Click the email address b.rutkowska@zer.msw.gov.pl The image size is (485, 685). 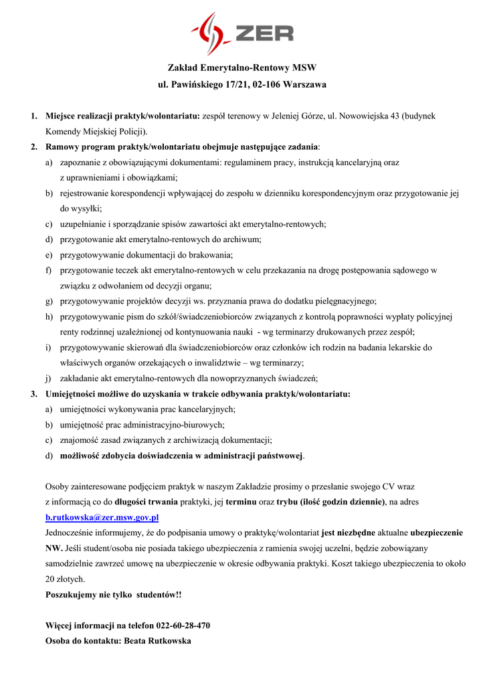tap(102, 517)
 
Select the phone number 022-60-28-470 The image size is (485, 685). tap(183, 625)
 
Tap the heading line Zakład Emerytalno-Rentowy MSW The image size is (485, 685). tap(241, 68)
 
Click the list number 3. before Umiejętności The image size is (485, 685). tap(33, 393)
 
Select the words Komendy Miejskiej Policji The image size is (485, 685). tap(96, 131)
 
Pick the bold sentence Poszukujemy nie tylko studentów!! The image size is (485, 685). tap(113, 594)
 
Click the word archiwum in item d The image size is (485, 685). tap(244, 239)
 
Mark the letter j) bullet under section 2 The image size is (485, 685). tap(49, 378)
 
